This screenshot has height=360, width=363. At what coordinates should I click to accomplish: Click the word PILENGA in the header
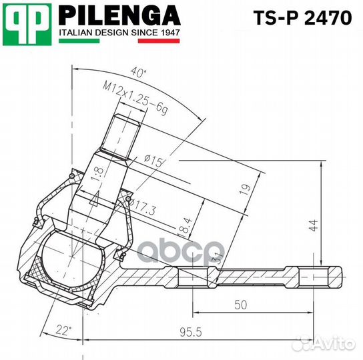tap(119, 15)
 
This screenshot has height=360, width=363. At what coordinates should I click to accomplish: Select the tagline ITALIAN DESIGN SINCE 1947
tap(119, 32)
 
